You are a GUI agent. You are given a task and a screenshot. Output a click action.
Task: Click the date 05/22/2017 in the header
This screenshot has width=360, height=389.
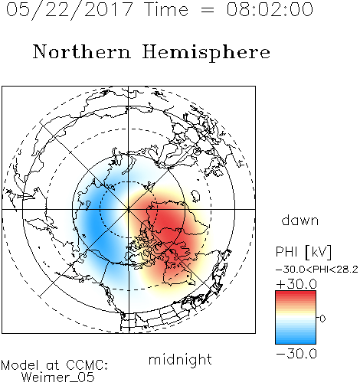click(69, 10)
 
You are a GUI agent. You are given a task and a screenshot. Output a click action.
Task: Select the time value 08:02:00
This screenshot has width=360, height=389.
click(270, 10)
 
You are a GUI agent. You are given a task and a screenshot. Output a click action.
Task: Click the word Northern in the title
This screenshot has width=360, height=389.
click(82, 52)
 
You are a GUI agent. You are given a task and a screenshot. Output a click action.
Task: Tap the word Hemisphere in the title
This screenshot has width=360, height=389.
click(206, 53)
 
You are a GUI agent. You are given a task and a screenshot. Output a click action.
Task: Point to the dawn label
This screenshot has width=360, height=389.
click(300, 220)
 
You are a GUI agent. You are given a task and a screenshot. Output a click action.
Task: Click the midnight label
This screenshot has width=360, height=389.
click(180, 359)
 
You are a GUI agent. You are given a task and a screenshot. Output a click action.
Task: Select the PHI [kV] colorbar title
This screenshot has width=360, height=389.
click(303, 252)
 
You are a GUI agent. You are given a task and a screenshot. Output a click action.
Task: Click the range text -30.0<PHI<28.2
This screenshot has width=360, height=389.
click(317, 270)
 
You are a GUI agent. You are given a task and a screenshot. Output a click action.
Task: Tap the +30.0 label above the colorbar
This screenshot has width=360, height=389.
click(296, 284)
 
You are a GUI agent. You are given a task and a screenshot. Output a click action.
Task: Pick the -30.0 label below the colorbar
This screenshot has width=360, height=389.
click(296, 354)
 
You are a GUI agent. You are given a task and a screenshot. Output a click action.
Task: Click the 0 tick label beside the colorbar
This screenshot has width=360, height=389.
click(322, 319)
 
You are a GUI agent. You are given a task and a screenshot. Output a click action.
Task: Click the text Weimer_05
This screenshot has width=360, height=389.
click(58, 378)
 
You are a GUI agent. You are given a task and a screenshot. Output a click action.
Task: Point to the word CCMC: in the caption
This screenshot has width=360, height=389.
click(87, 365)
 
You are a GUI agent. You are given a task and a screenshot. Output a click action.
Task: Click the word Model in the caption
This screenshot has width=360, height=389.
click(20, 365)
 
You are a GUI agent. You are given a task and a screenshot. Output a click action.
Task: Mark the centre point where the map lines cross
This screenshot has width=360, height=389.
click(129, 209)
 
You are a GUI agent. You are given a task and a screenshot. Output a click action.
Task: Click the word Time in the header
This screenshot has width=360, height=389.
click(166, 10)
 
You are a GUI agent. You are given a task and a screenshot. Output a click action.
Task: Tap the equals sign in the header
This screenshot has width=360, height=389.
click(208, 10)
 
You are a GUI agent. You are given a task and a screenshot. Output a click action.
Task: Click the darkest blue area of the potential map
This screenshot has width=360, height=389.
click(95, 224)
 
